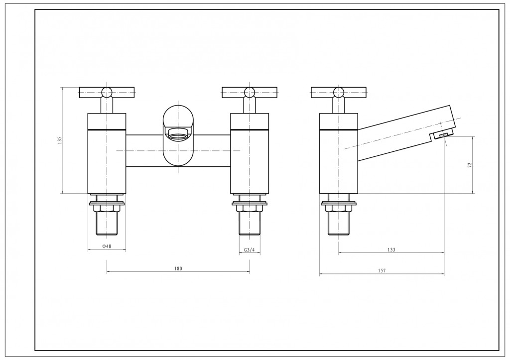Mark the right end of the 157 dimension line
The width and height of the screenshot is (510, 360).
pos(444,274)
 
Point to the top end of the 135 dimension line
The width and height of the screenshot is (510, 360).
pos(62,87)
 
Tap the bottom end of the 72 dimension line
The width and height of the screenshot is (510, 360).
pos(473,194)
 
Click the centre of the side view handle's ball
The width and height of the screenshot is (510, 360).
pos(339,92)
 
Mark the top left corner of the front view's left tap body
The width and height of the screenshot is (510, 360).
pos(88,114)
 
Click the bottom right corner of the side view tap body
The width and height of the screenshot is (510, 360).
pos(358,194)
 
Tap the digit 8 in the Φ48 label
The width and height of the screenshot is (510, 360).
pos(110,246)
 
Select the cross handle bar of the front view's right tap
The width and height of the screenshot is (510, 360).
pos(250,92)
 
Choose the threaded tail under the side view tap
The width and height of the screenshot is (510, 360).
pos(338,224)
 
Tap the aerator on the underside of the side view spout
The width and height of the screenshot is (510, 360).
pos(443,135)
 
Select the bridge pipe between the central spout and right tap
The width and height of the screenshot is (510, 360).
pos(212,150)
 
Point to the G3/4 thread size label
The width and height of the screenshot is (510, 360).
pos(250,250)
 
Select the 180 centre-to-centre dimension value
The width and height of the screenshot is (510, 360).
pos(178,268)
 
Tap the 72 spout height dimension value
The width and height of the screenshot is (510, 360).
pos(470,165)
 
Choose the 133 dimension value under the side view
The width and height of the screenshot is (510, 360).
pos(391,250)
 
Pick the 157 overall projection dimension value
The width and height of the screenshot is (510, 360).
pos(382,270)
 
